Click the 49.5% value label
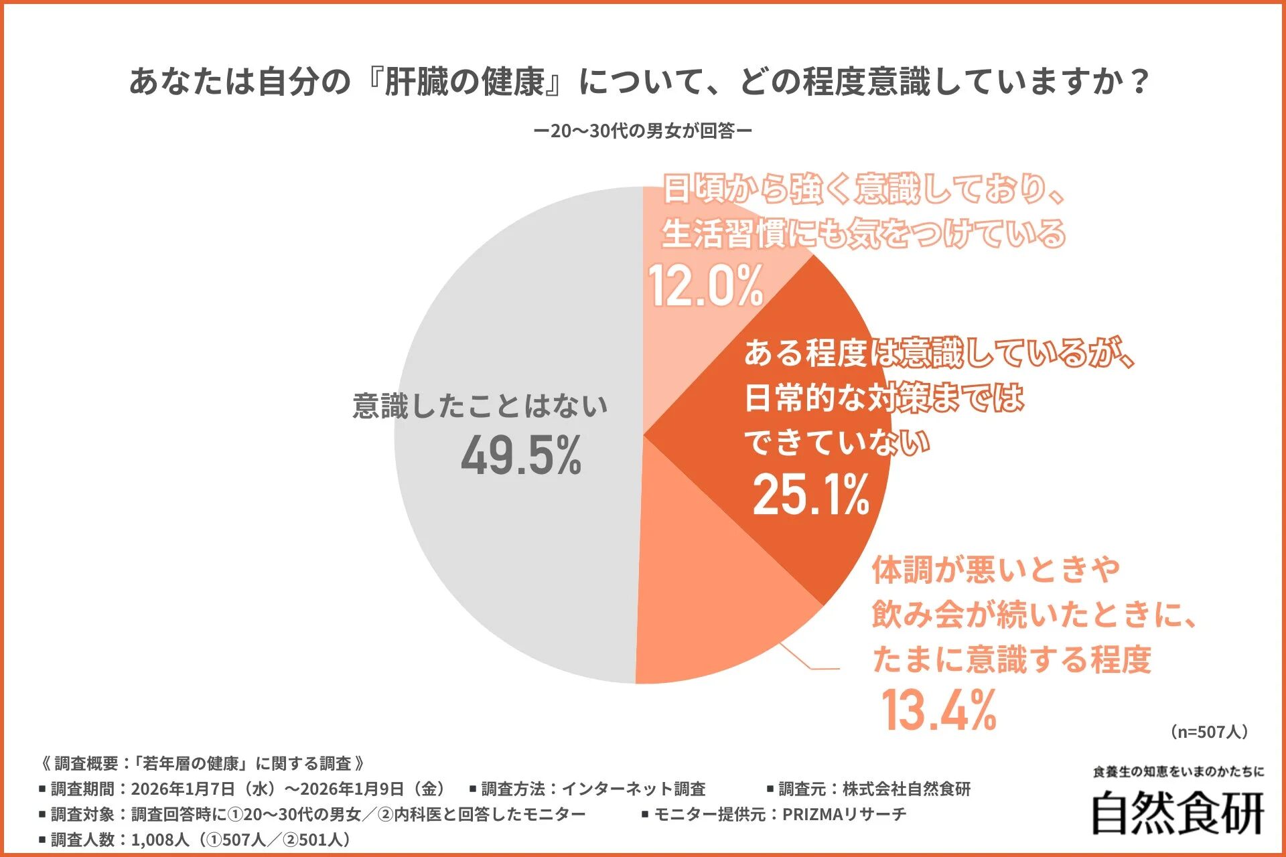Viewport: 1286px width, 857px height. click(x=521, y=456)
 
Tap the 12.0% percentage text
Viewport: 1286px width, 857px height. click(x=705, y=286)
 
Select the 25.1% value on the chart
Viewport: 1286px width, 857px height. click(x=811, y=495)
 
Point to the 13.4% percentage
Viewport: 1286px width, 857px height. click(x=938, y=710)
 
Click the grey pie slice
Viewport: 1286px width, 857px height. click(x=509, y=549)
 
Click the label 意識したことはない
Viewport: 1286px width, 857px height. click(x=480, y=406)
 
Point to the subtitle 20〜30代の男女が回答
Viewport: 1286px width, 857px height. click(x=642, y=131)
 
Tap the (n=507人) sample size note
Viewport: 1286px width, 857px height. click(x=1209, y=731)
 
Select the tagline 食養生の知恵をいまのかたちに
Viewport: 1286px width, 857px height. click(x=1178, y=772)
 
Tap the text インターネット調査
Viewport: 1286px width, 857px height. click(x=633, y=789)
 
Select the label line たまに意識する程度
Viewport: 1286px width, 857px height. click(x=1011, y=659)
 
